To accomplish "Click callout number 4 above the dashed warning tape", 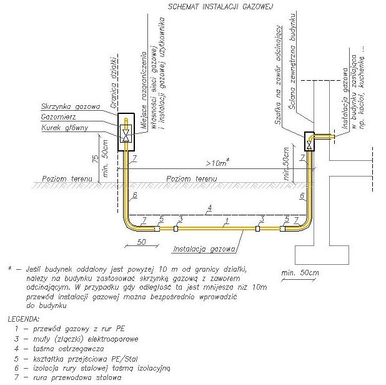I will (210, 207).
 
